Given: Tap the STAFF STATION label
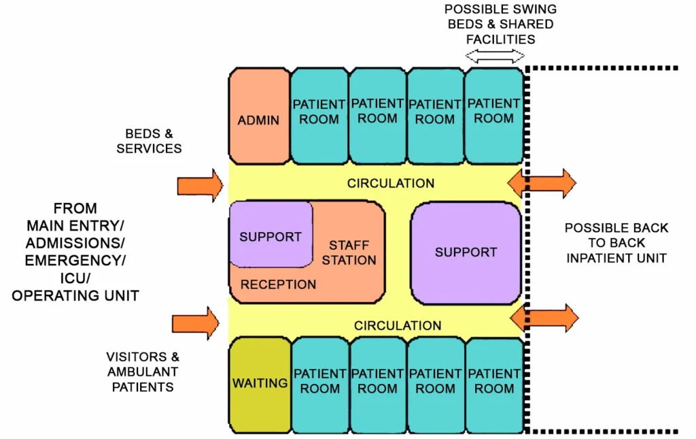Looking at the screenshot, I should (x=349, y=253).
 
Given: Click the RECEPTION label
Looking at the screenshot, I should (x=278, y=284).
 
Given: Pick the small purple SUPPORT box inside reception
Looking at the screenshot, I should (x=270, y=235).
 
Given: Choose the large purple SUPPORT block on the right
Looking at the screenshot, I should (x=466, y=253).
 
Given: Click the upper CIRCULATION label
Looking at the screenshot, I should (x=390, y=183).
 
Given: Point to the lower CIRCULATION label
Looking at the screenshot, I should (x=398, y=325).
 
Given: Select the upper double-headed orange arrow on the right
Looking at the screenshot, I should (x=542, y=183).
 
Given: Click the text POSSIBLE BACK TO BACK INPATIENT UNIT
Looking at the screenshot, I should (x=616, y=243).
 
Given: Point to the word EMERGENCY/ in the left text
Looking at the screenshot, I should (x=75, y=260).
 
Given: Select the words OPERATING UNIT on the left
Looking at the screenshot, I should (x=75, y=295).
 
